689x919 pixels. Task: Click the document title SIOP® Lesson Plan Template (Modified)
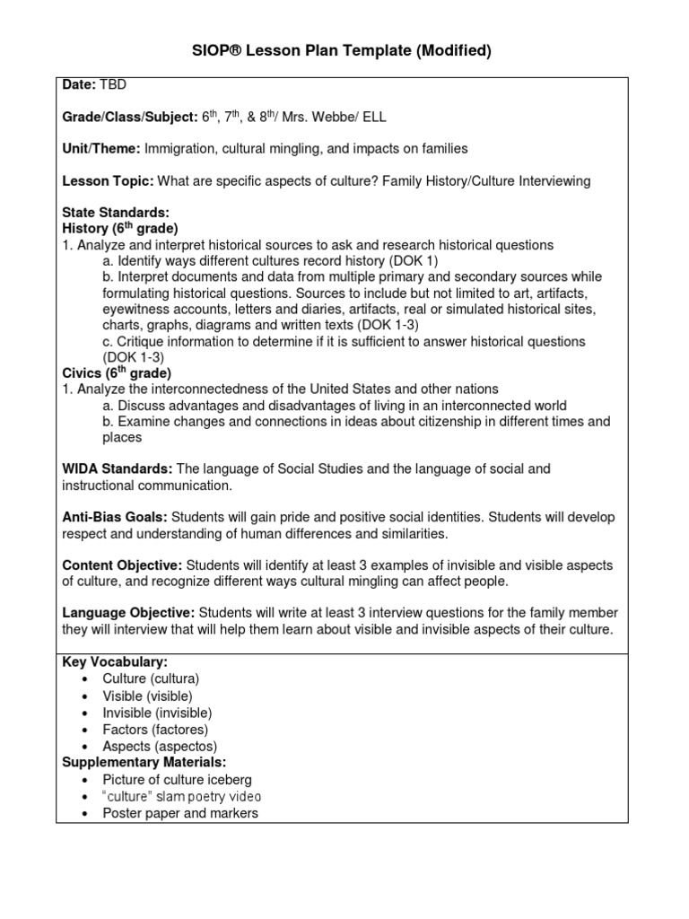344,51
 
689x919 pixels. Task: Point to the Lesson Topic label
109,181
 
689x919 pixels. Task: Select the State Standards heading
116,213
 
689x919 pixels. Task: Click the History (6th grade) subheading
120,229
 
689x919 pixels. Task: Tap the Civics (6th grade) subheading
117,372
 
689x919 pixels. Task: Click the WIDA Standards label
118,469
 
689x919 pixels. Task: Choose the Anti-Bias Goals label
115,517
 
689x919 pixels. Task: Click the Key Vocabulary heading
115,662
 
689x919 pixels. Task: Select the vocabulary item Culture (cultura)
151,678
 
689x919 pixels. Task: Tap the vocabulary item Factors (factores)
155,729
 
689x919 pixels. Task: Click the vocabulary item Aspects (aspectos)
160,746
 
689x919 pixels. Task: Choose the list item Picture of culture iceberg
177,779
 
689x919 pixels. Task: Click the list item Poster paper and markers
180,813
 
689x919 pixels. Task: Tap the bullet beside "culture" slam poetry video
83,797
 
